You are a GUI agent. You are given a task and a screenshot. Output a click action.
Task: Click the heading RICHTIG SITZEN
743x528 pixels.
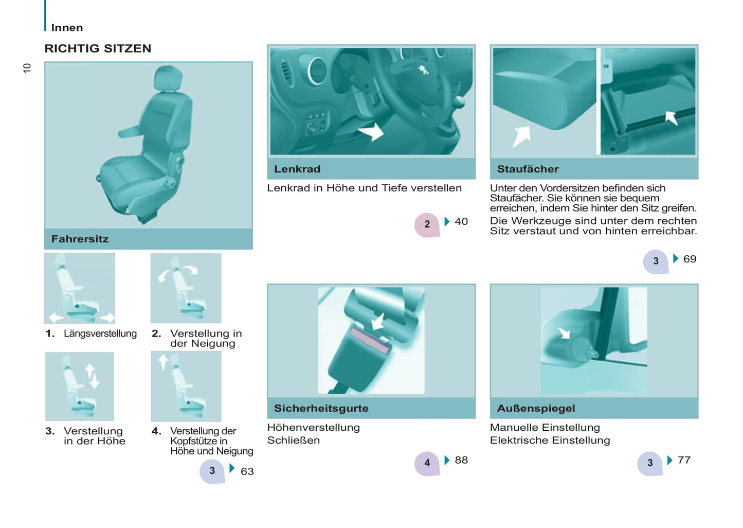[x=98, y=48]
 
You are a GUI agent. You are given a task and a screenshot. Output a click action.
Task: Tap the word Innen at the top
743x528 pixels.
[x=67, y=28]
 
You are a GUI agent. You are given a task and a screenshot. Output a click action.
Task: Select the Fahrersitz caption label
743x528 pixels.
[x=80, y=239]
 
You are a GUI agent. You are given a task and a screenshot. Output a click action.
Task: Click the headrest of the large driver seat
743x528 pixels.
[x=168, y=78]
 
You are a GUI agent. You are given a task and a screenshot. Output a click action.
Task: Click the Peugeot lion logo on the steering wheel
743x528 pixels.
[x=423, y=70]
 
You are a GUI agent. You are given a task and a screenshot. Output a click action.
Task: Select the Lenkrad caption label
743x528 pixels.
[x=297, y=169]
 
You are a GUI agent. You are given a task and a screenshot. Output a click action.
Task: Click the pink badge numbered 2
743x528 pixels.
[x=427, y=225]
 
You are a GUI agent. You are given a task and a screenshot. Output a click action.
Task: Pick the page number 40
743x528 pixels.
[x=461, y=221]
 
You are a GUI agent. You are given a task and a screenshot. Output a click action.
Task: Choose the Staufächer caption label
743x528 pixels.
[x=528, y=169]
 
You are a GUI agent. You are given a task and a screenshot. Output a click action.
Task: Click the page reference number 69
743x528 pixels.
[x=690, y=259]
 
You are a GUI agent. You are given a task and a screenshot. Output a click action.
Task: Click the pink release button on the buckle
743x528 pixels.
[x=370, y=340]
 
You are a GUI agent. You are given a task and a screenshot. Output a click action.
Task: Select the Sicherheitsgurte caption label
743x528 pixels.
[x=321, y=408]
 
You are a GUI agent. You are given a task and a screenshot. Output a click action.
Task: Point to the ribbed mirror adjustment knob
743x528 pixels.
[x=582, y=351]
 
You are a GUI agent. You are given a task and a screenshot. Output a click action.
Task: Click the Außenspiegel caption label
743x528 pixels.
[x=536, y=408]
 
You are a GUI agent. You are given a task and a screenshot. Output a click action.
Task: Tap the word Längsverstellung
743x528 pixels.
[x=100, y=333]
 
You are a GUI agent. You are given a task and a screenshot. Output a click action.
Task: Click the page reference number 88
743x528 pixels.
[x=461, y=460]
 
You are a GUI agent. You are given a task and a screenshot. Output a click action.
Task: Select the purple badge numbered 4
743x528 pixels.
[x=427, y=464]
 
